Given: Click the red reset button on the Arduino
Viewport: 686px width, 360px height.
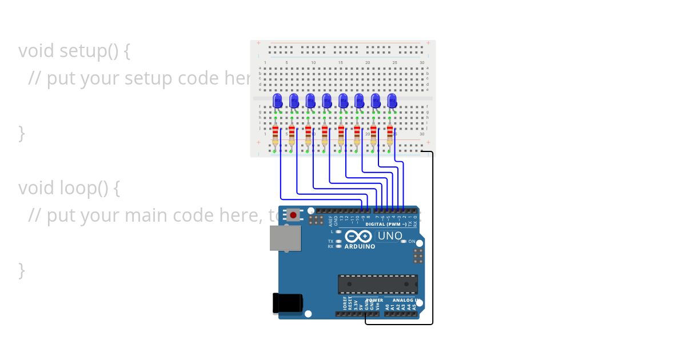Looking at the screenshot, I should [293, 215].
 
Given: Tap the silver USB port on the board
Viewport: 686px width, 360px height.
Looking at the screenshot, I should [285, 238].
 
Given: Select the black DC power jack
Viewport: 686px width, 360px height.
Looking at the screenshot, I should [287, 303].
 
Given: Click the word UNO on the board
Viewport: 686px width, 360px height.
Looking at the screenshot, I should [390, 236].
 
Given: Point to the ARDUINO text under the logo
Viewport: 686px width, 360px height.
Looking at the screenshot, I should [360, 247].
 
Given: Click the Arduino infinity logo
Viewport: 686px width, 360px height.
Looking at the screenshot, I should [358, 236].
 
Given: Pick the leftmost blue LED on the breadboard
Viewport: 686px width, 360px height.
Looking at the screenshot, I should [277, 101].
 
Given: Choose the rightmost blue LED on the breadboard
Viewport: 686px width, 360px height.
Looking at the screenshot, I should [392, 101].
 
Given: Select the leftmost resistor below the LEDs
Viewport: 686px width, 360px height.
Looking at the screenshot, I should [276, 135].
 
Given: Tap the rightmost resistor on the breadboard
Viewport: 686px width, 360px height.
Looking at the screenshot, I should [390, 135].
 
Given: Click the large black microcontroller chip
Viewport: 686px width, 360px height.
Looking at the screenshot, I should [377, 284].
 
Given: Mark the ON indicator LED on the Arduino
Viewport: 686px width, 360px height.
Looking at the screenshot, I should [404, 242].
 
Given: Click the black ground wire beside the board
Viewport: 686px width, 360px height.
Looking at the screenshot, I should [433, 240].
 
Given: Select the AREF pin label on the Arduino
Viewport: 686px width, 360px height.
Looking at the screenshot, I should [330, 221].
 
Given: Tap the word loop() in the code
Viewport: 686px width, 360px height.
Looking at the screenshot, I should [83, 187].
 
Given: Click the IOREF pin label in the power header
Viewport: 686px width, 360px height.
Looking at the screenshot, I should [344, 303].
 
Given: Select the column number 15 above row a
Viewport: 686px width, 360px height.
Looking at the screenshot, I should [340, 62].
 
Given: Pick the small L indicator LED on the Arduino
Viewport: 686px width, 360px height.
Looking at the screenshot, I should [338, 232].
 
